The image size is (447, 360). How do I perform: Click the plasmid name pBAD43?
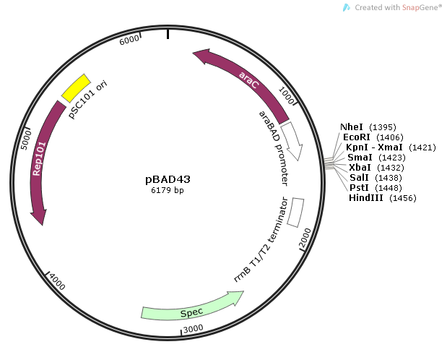(x=168, y=179)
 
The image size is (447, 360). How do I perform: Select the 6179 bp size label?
(x=168, y=191)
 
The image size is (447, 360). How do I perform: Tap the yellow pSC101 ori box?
(x=75, y=88)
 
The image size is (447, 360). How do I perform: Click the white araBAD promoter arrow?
(x=292, y=140)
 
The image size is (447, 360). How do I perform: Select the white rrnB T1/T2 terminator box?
(x=295, y=212)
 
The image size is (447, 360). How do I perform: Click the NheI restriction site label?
(x=352, y=127)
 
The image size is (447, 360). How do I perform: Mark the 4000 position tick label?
(x=56, y=281)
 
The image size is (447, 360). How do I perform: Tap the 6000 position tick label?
(x=129, y=41)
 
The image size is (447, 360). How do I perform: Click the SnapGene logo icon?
(x=347, y=7)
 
